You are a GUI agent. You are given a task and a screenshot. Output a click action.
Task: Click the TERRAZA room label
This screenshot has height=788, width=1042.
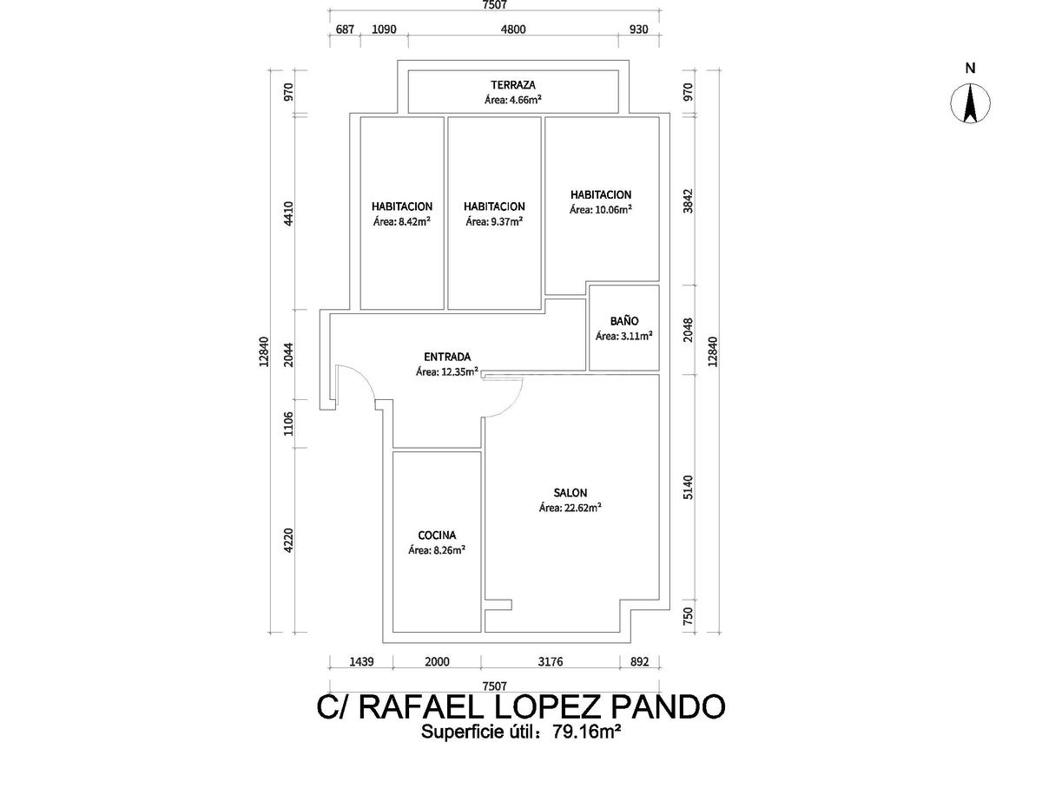tap(513, 85)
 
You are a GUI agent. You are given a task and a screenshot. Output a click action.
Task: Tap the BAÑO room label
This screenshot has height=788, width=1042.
tap(623, 321)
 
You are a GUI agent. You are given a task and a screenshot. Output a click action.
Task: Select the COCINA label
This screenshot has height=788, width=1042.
tap(437, 535)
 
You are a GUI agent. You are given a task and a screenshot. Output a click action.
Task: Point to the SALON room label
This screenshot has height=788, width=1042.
tap(570, 492)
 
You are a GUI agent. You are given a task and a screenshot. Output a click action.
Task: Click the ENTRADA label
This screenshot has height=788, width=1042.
tap(447, 357)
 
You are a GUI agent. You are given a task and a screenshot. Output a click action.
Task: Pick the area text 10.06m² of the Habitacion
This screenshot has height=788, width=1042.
tap(613, 209)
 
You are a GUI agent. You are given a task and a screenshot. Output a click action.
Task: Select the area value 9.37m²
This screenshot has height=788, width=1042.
tap(506, 221)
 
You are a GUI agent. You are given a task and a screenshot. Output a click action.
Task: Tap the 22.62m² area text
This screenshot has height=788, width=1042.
tap(583, 508)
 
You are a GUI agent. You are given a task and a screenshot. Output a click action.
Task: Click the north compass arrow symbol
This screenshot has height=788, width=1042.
tap(970, 103)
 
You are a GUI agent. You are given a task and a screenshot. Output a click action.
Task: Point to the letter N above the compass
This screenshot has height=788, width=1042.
tap(970, 69)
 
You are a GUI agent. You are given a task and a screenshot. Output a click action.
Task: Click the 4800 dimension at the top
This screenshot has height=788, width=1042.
tap(513, 30)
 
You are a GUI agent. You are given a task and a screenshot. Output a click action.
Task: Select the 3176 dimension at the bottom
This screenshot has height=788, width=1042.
tap(551, 661)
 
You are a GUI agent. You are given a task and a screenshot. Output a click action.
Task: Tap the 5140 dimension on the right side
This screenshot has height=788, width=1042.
tap(689, 487)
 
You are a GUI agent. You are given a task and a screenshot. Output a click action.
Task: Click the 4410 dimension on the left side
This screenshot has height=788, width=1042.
tap(288, 214)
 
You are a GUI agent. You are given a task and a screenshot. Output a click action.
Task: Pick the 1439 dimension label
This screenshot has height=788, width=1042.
tap(361, 661)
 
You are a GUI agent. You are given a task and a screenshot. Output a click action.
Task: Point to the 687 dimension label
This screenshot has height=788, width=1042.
tap(345, 30)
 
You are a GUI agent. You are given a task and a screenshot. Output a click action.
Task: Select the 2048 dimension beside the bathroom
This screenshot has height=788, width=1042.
tap(689, 330)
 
